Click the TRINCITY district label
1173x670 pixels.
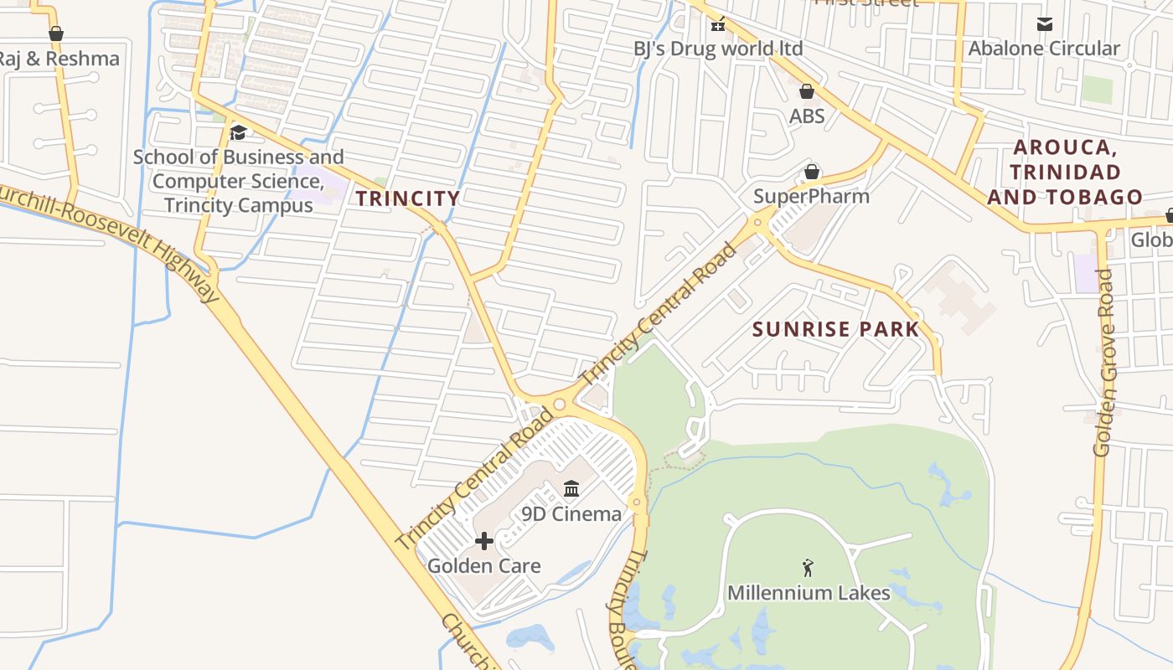408,198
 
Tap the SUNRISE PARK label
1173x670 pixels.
835,329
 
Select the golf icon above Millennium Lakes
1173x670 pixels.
808,568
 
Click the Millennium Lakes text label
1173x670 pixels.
809,593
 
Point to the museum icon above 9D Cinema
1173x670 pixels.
571,488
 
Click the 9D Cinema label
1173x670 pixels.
571,514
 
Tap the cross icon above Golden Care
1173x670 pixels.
483,541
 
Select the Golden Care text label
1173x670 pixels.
483,566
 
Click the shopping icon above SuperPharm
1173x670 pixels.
811,173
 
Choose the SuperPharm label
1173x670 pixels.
811,197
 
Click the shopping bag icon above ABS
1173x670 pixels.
807,91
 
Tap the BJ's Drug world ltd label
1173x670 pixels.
717,49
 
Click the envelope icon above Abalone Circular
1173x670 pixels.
1044,24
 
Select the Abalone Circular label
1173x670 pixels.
1044,49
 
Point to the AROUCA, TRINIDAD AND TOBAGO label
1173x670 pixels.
1064,173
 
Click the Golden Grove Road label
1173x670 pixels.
1104,363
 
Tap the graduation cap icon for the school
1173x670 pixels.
238,132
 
